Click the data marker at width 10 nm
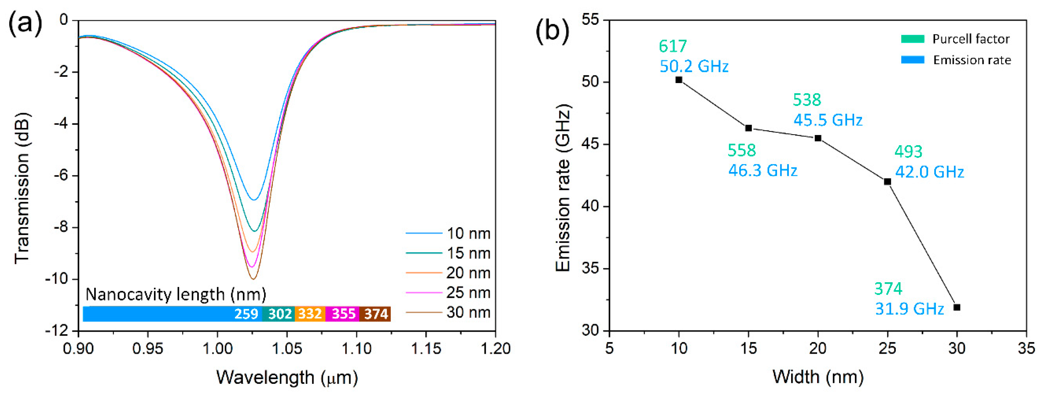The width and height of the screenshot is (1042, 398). [x=679, y=80]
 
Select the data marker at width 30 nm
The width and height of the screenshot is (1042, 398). [x=957, y=307]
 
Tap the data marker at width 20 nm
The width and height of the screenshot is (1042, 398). [x=817, y=138]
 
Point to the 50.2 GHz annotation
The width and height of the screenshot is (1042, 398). [x=694, y=66]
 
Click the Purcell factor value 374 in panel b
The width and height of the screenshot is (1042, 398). [x=888, y=289]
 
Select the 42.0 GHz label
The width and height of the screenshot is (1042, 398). [x=929, y=172]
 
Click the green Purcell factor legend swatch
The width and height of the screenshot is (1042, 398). [x=913, y=39]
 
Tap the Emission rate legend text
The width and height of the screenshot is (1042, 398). [x=972, y=60]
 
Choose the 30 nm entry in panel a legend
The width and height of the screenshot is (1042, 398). [x=468, y=312]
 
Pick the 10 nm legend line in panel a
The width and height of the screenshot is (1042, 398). [x=424, y=233]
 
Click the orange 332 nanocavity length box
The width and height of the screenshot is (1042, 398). [x=310, y=314]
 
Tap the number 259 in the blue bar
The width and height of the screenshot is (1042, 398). [x=246, y=314]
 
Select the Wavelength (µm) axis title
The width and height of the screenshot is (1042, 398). [x=287, y=377]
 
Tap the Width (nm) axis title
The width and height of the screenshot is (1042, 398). [x=817, y=377]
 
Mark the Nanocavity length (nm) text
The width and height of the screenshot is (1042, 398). [x=176, y=294]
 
